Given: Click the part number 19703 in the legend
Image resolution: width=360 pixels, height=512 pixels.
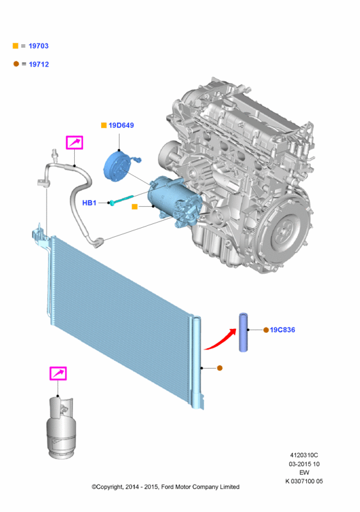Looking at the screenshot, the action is click(x=38, y=45).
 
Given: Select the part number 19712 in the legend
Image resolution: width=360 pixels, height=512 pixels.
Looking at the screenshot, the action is click(x=39, y=65).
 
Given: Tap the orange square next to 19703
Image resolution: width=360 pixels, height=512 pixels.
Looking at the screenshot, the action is click(x=15, y=45).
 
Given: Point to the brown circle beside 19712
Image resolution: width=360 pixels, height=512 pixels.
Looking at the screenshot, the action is click(x=16, y=63).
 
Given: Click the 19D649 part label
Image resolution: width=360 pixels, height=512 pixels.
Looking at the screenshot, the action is click(x=121, y=125).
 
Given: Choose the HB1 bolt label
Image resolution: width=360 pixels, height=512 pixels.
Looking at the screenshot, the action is click(x=89, y=203).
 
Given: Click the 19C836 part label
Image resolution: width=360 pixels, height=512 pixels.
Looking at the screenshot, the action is click(x=283, y=330).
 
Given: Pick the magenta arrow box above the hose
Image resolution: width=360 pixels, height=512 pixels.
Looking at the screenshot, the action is click(x=74, y=142).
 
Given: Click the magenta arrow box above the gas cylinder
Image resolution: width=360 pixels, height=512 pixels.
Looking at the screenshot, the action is click(x=58, y=373).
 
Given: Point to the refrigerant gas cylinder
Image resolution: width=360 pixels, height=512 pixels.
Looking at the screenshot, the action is click(x=61, y=428).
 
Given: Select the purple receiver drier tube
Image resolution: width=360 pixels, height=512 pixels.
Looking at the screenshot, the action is click(x=243, y=332).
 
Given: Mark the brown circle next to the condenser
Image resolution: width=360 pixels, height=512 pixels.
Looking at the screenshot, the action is click(x=220, y=368).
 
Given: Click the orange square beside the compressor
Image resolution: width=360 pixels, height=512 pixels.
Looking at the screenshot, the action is click(x=134, y=206).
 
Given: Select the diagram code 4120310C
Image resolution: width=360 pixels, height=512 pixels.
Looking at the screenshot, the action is click(x=304, y=455).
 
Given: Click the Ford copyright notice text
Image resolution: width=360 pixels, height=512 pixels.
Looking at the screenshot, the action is click(x=166, y=486).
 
